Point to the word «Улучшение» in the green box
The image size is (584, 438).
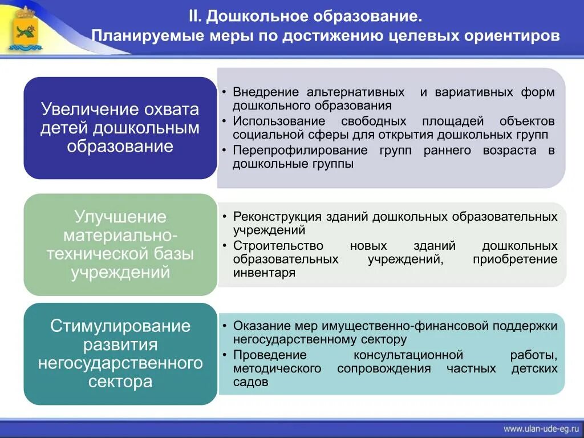click(120, 217)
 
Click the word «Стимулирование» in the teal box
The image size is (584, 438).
click(120, 326)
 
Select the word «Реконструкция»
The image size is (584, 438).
click(278, 217)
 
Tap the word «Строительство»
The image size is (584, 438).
click(278, 246)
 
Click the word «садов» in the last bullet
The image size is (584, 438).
click(250, 382)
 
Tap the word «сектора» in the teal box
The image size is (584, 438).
click(120, 381)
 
